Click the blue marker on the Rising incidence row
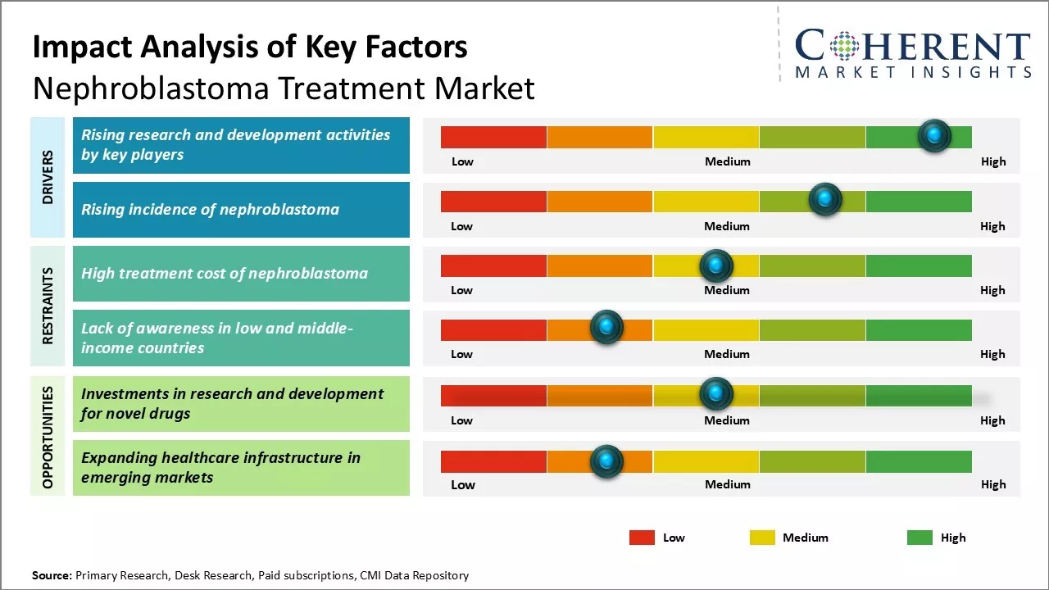824,199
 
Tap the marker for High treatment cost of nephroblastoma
716,265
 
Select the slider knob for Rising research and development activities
933,135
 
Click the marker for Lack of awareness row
606,328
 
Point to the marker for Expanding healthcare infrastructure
606,461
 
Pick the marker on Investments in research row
716,394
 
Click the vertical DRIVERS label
48,177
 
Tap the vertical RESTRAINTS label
48,306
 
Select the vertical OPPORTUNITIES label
48,437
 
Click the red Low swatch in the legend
642,538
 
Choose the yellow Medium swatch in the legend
762,538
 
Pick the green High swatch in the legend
920,538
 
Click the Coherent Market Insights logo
912,53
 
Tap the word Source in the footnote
52,575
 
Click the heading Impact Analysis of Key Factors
250,47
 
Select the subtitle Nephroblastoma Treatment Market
284,88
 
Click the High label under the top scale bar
993,161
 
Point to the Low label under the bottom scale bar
463,484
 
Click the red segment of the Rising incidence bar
493,201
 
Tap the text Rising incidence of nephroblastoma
210,210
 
